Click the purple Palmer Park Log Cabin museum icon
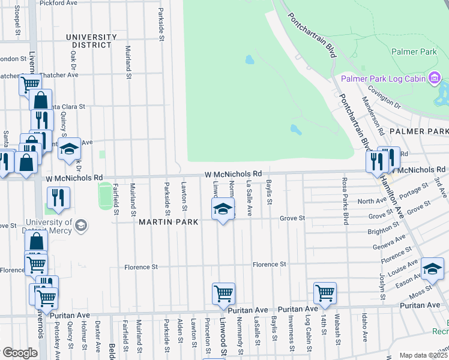click(435, 78)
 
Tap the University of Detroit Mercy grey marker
click(82, 226)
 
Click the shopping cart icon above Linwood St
click(223, 293)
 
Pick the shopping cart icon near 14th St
click(325, 293)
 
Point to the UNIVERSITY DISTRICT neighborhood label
click(91, 41)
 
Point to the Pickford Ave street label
click(59, 3)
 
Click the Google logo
click(20, 353)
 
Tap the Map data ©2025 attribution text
click(423, 355)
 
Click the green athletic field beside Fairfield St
click(106, 197)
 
